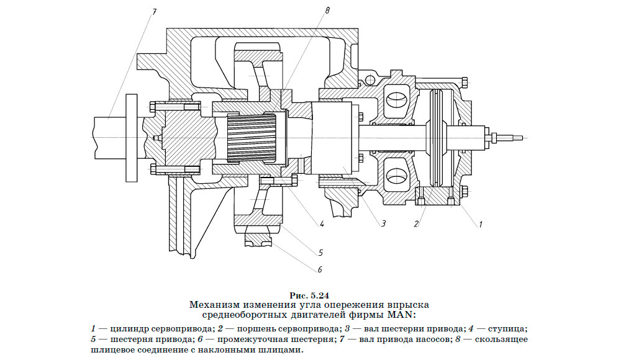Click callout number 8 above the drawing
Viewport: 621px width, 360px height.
(x=327, y=11)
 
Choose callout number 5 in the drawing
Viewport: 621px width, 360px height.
(x=320, y=253)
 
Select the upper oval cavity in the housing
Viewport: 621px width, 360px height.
(x=394, y=99)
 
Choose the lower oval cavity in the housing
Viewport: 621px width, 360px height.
(x=394, y=176)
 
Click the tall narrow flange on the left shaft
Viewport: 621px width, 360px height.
(x=130, y=138)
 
